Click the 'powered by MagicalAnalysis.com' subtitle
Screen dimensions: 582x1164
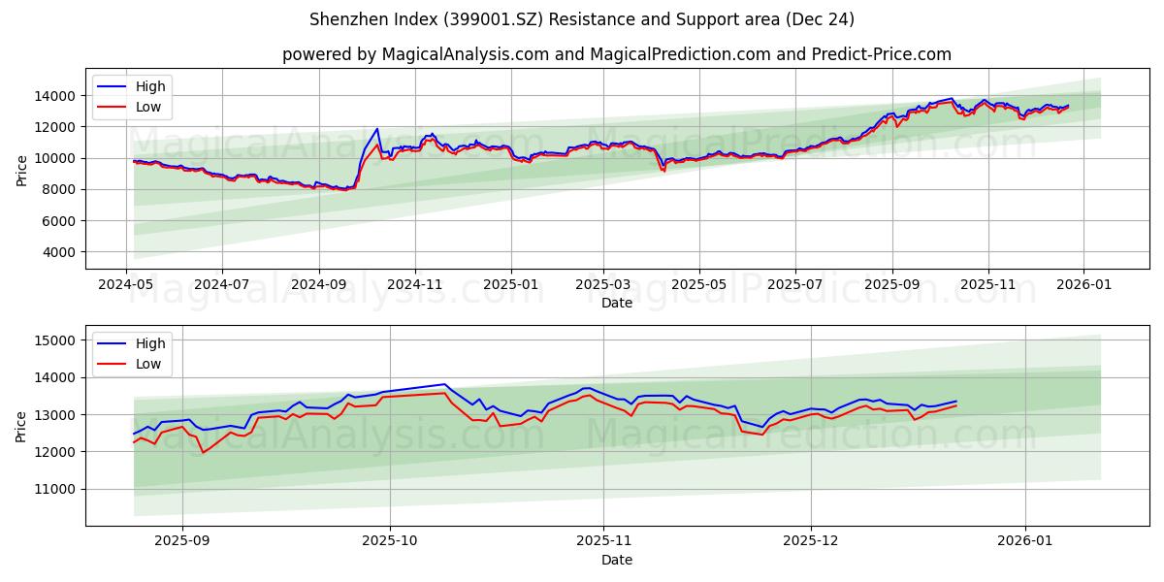point(616,54)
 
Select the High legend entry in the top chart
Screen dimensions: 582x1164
point(150,86)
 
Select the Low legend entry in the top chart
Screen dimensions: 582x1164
point(148,108)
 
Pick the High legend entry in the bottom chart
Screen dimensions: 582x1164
point(150,343)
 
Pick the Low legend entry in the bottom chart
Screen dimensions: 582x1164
point(148,364)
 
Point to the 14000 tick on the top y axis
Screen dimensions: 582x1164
point(57,96)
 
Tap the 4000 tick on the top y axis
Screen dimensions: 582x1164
point(61,252)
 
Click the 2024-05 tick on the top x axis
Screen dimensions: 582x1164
point(126,285)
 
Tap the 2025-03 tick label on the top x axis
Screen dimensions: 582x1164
point(603,285)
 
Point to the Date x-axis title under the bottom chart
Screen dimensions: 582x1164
point(616,560)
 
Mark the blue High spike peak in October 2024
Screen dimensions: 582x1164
point(376,129)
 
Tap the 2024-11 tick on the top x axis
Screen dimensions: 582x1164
point(415,285)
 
